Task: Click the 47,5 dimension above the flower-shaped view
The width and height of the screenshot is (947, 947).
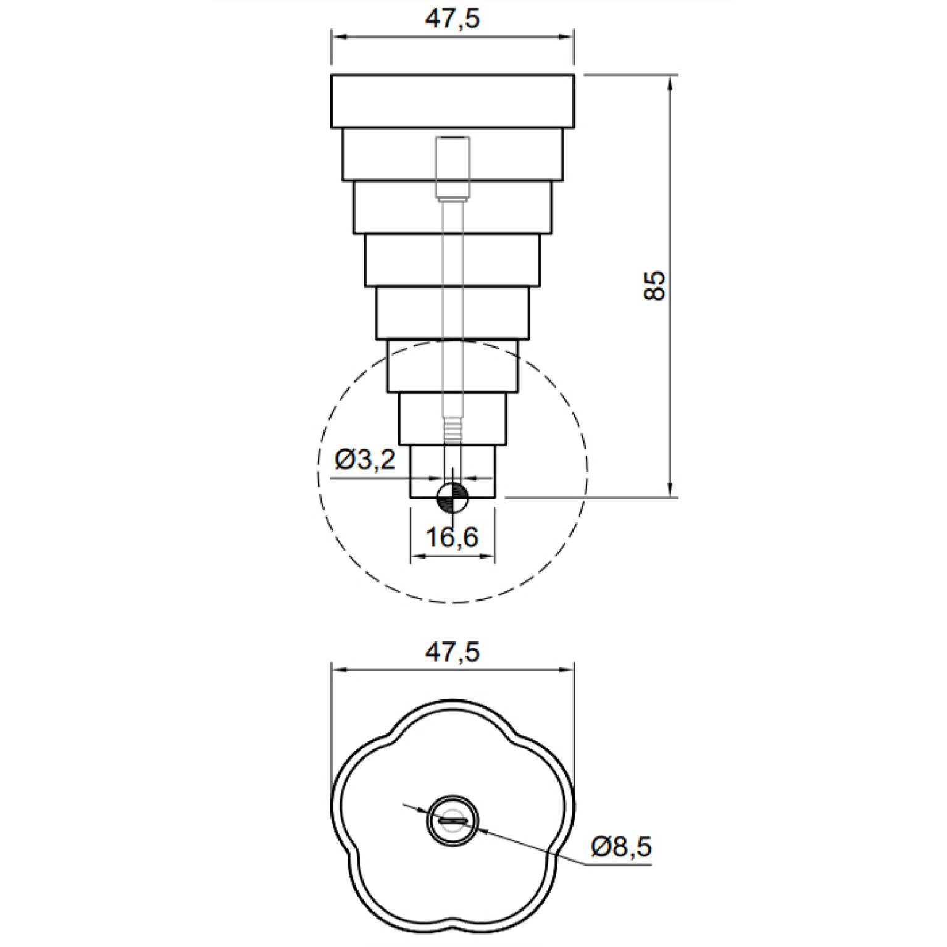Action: [452, 652]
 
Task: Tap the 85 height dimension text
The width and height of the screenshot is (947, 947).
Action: [655, 285]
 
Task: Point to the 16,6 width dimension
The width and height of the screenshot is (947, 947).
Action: [452, 537]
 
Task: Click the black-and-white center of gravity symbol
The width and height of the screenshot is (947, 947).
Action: [453, 498]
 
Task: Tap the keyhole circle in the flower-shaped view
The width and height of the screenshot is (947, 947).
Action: [453, 820]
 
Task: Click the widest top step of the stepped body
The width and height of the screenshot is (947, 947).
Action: [453, 101]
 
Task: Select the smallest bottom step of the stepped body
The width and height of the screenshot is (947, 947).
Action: [453, 471]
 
